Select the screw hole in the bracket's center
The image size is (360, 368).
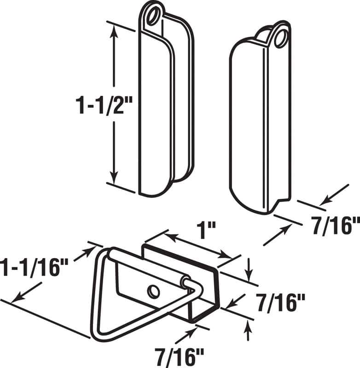point(153,291)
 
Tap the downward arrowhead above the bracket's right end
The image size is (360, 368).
point(249,276)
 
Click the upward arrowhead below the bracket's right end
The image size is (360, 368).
point(249,325)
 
